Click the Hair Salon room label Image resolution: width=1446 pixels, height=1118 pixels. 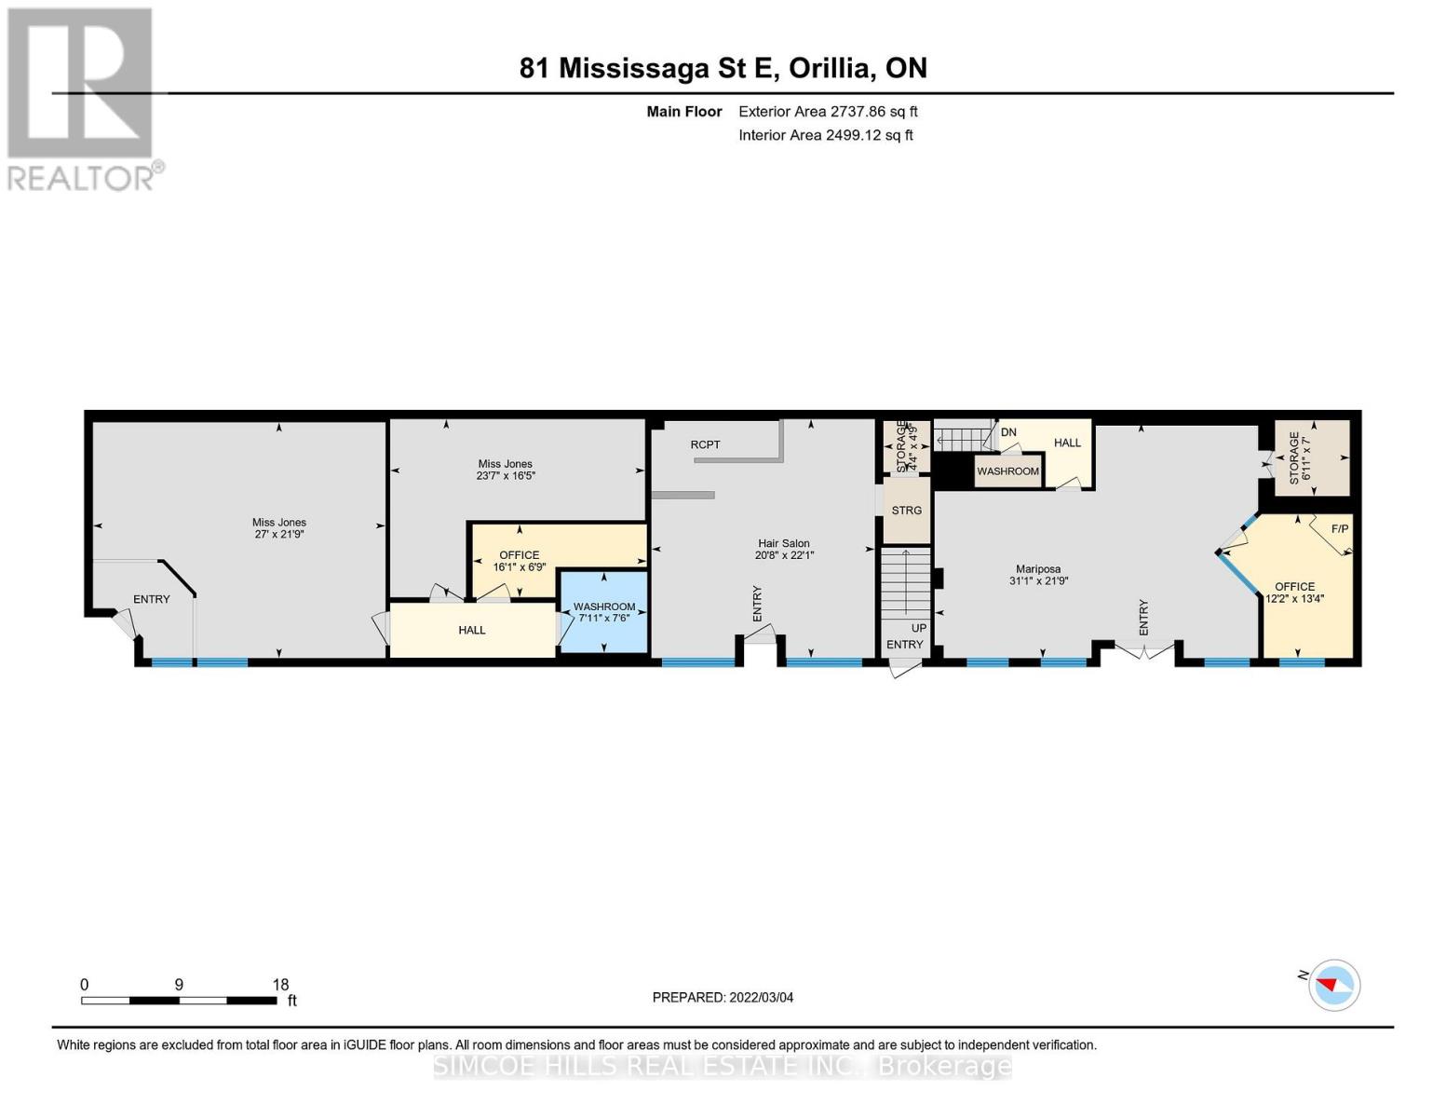pyautogui.click(x=784, y=543)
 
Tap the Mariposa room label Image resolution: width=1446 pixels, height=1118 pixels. pyautogui.click(x=1038, y=569)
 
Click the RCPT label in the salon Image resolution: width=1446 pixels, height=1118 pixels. pyautogui.click(x=706, y=444)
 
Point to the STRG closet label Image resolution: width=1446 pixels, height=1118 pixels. pyautogui.click(x=906, y=511)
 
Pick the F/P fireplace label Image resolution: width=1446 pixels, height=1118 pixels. pyautogui.click(x=1340, y=528)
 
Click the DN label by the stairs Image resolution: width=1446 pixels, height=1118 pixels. pyautogui.click(x=1008, y=432)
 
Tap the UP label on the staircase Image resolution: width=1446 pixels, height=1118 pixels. pyautogui.click(x=919, y=628)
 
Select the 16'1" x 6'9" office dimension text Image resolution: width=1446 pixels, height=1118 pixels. pyautogui.click(x=519, y=567)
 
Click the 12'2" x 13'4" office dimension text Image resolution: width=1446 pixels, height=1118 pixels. pyautogui.click(x=1295, y=599)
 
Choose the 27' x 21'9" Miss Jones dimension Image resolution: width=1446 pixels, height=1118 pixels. pyautogui.click(x=279, y=534)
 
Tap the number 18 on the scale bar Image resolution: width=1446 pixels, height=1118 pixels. pyautogui.click(x=280, y=984)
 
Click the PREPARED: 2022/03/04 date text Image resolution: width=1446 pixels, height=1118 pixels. pyautogui.click(x=723, y=998)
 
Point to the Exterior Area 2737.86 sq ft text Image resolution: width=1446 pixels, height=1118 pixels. pyautogui.click(x=828, y=112)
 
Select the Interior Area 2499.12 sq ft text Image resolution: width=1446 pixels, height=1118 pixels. pyautogui.click(x=826, y=135)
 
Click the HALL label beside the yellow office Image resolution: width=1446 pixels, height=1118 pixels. pyautogui.click(x=472, y=630)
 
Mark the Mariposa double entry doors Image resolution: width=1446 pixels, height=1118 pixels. pyautogui.click(x=1143, y=650)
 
